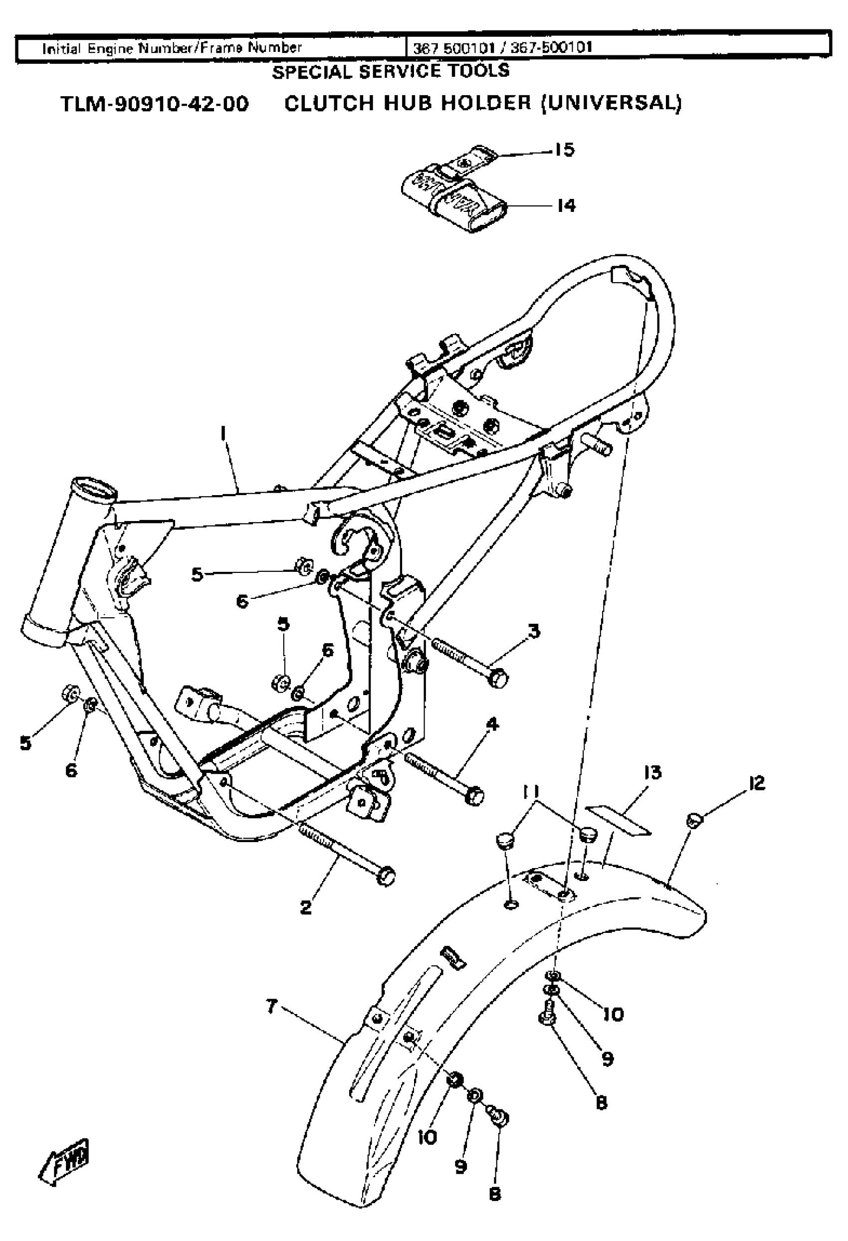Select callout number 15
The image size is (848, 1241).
[x=564, y=150]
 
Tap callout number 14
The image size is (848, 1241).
[x=566, y=205]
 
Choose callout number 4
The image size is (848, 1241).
[x=492, y=724]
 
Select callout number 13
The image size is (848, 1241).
[x=653, y=772]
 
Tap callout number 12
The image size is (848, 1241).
[x=757, y=783]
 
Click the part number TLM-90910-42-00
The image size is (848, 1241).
[x=155, y=104]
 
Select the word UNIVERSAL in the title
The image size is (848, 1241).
[x=611, y=103]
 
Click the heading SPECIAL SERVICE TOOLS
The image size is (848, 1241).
[x=391, y=71]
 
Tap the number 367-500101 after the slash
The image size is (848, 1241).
[x=551, y=48]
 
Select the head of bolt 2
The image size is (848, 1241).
[x=386, y=876]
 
